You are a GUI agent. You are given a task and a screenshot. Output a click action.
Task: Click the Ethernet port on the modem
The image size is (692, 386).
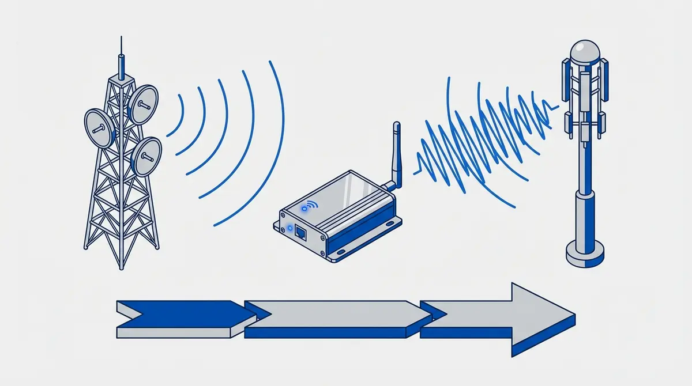[300, 232]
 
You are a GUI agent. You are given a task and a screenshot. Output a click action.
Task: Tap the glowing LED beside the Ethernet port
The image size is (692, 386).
[289, 229]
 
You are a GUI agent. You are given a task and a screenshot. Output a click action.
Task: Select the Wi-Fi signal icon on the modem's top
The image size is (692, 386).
[311, 205]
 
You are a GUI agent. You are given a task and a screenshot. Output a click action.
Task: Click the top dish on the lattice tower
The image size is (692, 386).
[142, 104]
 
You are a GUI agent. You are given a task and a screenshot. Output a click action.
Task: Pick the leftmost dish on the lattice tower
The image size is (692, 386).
[98, 127]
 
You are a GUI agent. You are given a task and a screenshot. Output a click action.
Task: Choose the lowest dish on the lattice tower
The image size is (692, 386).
[146, 157]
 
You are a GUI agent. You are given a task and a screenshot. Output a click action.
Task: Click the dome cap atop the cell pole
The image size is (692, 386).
[585, 51]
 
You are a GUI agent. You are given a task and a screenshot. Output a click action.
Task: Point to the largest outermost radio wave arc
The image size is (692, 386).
[271, 144]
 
